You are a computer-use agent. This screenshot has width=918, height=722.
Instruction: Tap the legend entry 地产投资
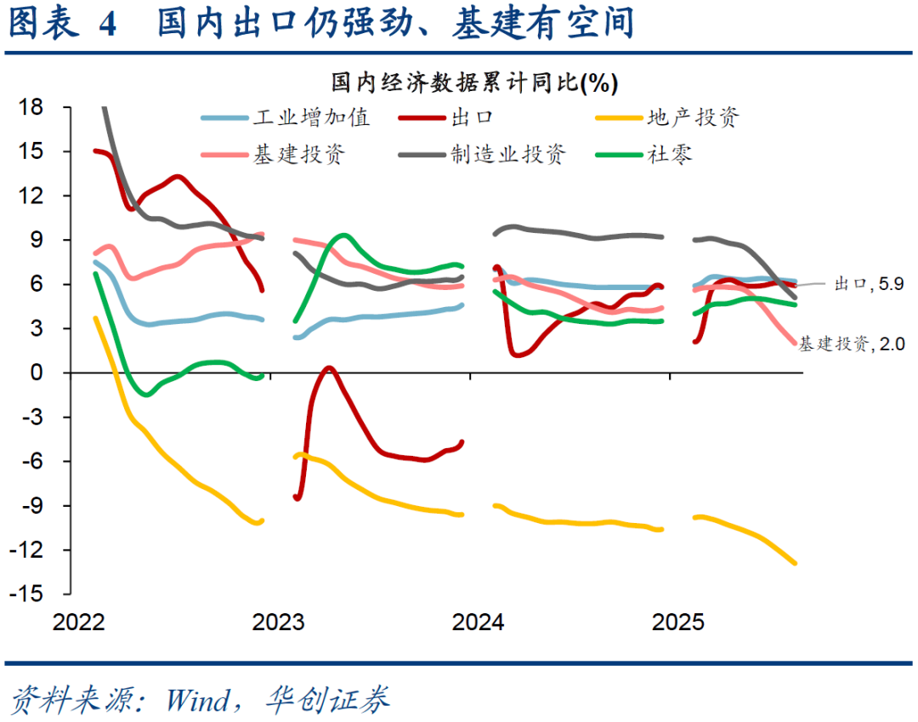(x=693, y=117)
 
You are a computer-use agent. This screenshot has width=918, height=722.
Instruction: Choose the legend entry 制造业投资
(x=507, y=154)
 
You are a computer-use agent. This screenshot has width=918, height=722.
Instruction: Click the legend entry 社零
(x=669, y=154)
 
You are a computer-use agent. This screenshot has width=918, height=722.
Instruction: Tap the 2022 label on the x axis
(x=79, y=623)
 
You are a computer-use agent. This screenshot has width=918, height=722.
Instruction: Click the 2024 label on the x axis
(x=478, y=623)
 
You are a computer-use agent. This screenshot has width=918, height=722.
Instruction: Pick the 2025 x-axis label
(x=677, y=623)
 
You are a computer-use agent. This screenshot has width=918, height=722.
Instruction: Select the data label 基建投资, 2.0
(x=851, y=344)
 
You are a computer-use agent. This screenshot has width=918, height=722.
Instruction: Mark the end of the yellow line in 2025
(x=795, y=562)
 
